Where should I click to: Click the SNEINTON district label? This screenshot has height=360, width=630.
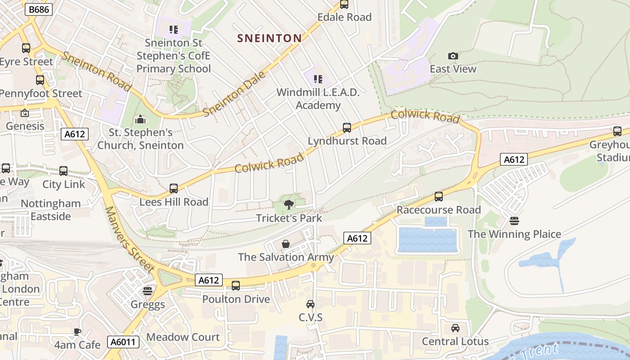[x=269, y=38]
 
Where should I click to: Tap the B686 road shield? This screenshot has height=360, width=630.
[x=39, y=9]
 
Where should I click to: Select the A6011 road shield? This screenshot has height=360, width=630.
[x=123, y=342]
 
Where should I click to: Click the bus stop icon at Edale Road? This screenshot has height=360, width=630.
[x=344, y=4]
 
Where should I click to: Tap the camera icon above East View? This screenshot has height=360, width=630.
[x=453, y=56]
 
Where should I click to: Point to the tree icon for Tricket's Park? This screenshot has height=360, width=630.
[x=289, y=205]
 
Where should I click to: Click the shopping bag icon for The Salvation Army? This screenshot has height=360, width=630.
[x=286, y=244]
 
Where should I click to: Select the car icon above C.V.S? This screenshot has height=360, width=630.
[x=310, y=304]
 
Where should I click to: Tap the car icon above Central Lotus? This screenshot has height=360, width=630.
[x=455, y=328]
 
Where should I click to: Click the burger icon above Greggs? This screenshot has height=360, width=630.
[x=148, y=291]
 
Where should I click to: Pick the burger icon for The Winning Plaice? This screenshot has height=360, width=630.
[x=514, y=221]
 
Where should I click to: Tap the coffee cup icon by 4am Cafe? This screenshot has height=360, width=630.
[x=77, y=332]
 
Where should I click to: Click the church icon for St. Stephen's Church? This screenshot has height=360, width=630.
[x=140, y=119]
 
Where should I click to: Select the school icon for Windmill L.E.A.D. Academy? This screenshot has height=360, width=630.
[x=318, y=80]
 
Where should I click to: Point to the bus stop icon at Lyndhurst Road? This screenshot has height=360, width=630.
[x=347, y=128]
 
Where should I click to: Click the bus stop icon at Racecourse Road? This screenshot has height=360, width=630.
[x=439, y=197]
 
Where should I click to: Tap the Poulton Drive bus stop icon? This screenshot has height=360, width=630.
[x=236, y=286]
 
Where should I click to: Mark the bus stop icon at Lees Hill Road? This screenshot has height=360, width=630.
[x=174, y=189]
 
